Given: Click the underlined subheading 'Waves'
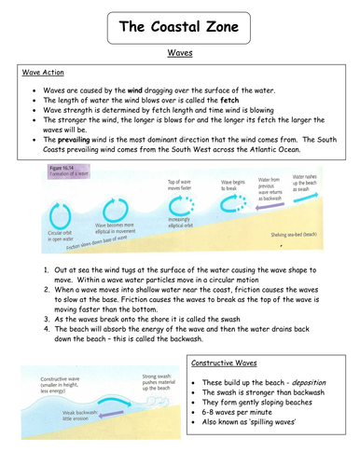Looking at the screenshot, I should [x=179, y=57].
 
